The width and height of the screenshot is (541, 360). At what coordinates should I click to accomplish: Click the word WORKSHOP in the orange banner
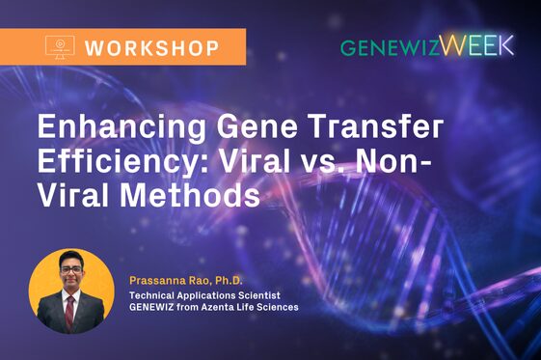point(152,46)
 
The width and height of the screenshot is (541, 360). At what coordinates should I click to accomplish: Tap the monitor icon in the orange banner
point(60,46)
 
